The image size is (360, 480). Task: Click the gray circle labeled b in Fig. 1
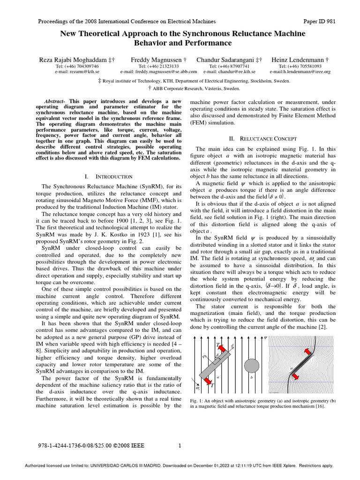252,366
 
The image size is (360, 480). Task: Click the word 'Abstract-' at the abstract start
56,101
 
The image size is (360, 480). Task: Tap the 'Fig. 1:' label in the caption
196,400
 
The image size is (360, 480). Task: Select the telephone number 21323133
164,67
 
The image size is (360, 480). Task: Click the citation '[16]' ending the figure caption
319,406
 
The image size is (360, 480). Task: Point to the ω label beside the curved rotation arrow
198,388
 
